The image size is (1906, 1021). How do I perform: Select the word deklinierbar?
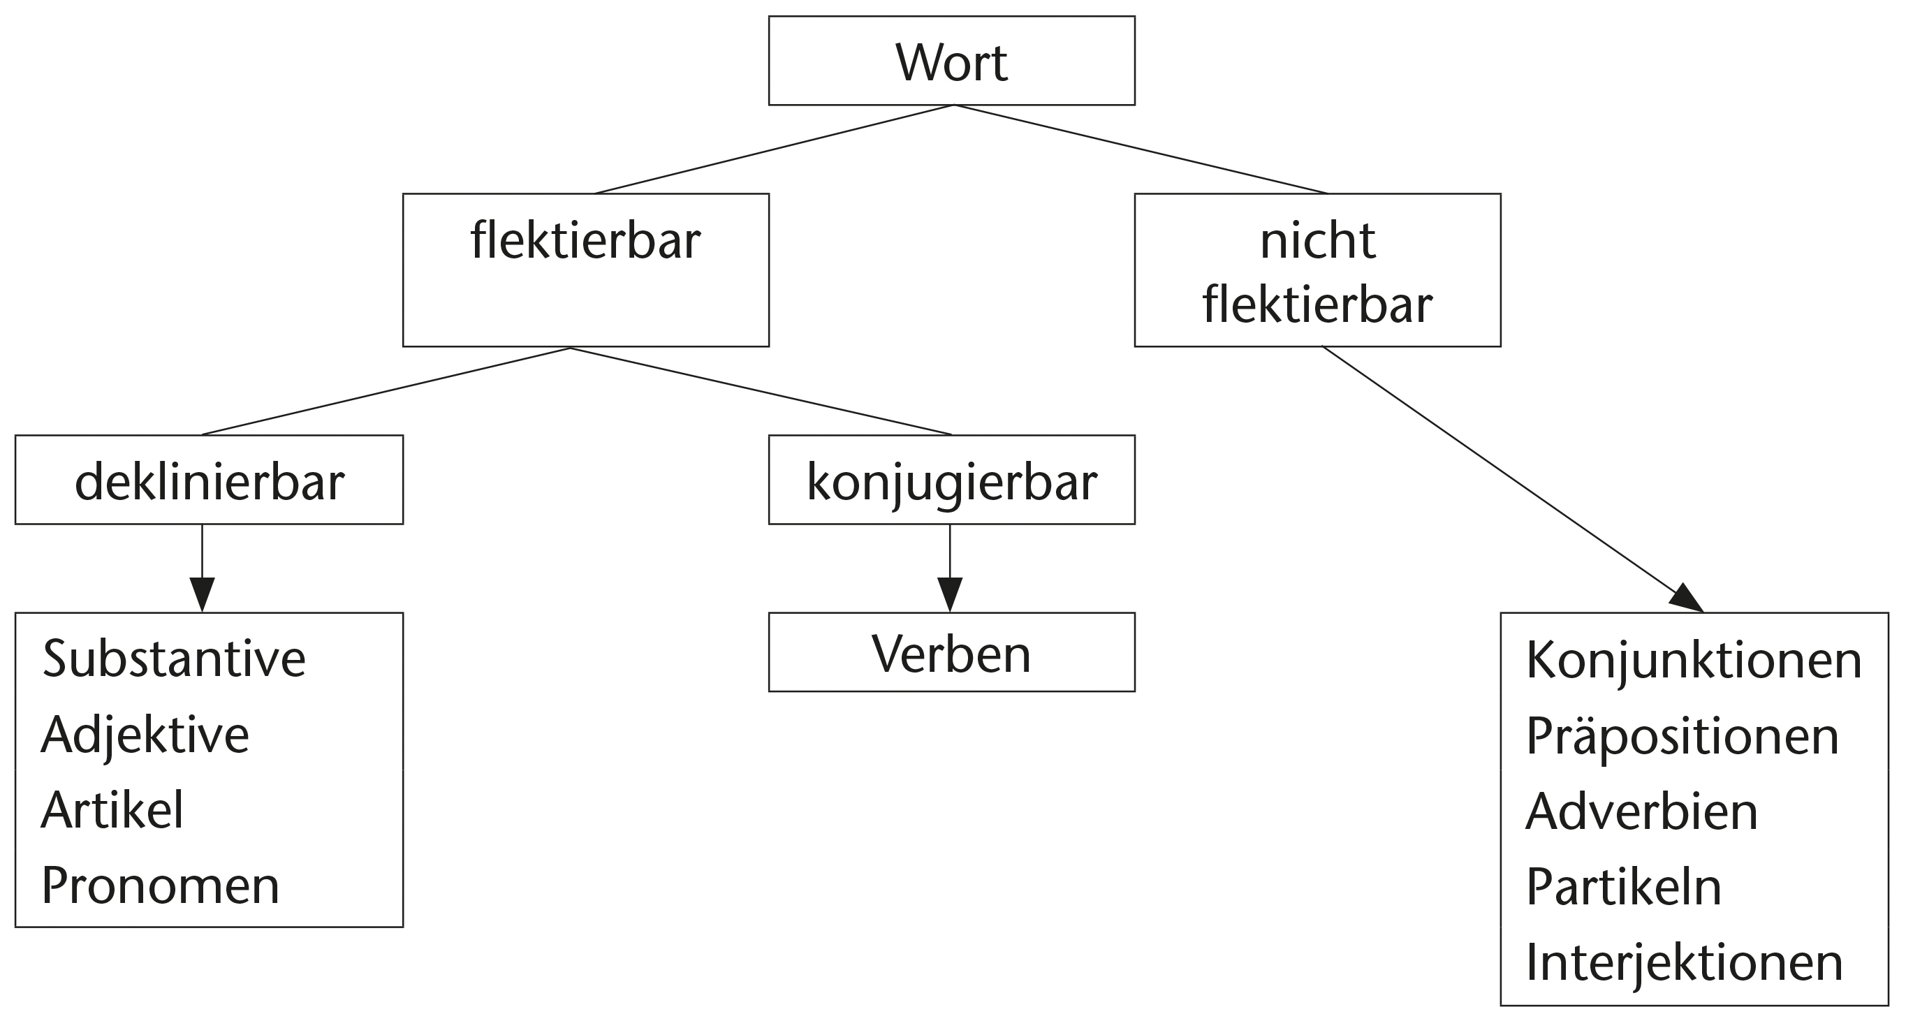click(x=210, y=483)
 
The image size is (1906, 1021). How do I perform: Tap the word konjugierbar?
click(x=951, y=483)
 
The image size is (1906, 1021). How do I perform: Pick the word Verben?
click(x=951, y=654)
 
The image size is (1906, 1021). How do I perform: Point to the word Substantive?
click(x=174, y=659)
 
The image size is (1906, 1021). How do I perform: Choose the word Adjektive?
click(x=145, y=735)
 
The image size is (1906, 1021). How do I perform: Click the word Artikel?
click(x=112, y=810)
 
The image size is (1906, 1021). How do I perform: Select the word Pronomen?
click(x=161, y=886)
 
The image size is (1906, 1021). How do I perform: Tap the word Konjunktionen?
click(x=1694, y=660)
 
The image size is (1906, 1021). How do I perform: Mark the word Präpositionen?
click(x=1683, y=736)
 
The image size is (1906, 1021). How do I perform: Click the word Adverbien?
click(x=1642, y=811)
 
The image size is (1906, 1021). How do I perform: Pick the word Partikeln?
click(x=1624, y=887)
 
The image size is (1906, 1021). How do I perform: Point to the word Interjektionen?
click(x=1684, y=962)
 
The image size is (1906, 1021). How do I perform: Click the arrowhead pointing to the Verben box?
click(x=950, y=594)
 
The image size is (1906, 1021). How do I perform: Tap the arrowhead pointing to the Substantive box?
click(x=202, y=594)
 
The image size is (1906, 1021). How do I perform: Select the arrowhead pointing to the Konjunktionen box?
click(x=1687, y=599)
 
